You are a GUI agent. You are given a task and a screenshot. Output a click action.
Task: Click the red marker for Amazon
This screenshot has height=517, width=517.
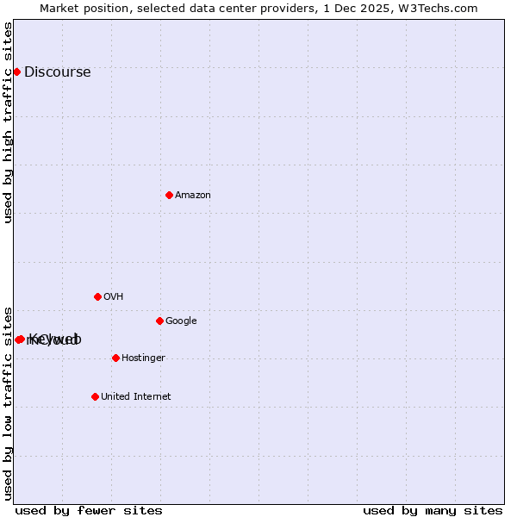[169, 195]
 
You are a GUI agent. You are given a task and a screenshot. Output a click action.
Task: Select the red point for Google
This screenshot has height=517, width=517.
[159, 321]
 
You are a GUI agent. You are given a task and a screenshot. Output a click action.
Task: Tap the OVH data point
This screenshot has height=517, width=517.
[97, 296]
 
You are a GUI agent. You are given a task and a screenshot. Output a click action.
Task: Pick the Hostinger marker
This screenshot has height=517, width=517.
[115, 358]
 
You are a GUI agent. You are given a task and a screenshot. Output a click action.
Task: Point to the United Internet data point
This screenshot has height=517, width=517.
[95, 396]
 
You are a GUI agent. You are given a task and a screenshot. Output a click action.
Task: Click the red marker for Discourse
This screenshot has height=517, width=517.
[16, 72]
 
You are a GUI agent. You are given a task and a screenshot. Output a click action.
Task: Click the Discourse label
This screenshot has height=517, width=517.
[57, 72]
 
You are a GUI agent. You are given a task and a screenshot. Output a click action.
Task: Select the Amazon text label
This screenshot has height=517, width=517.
[193, 196]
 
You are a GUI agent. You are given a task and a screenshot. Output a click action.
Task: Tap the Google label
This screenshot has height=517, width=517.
[181, 321]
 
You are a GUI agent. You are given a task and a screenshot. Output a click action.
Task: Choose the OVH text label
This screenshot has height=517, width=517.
[113, 297]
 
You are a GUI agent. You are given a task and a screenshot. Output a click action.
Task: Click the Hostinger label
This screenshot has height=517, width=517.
[143, 358]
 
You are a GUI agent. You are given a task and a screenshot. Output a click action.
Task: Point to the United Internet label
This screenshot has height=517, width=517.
[135, 397]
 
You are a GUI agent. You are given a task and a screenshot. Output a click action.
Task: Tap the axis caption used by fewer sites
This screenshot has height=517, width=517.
[89, 511]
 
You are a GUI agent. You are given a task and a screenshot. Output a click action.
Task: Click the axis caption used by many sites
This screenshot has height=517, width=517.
[433, 511]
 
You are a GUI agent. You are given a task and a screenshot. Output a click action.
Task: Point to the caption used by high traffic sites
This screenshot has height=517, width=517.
[8, 122]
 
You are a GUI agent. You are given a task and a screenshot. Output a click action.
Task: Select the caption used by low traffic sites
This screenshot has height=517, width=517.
[8, 402]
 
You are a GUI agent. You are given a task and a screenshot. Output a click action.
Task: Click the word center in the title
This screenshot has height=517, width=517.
[251, 8]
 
